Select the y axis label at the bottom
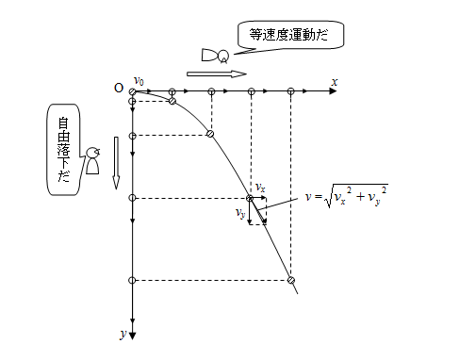point(123,333)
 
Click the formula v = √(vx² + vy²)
point(348,199)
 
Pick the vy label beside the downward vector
point(241,213)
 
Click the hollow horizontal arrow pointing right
point(216,73)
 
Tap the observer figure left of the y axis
point(92,160)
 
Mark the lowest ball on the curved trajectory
point(291,280)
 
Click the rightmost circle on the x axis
point(291,91)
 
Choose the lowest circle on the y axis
point(133,280)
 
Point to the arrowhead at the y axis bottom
point(133,332)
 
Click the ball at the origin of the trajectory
point(133,91)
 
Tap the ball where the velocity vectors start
point(251,198)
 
